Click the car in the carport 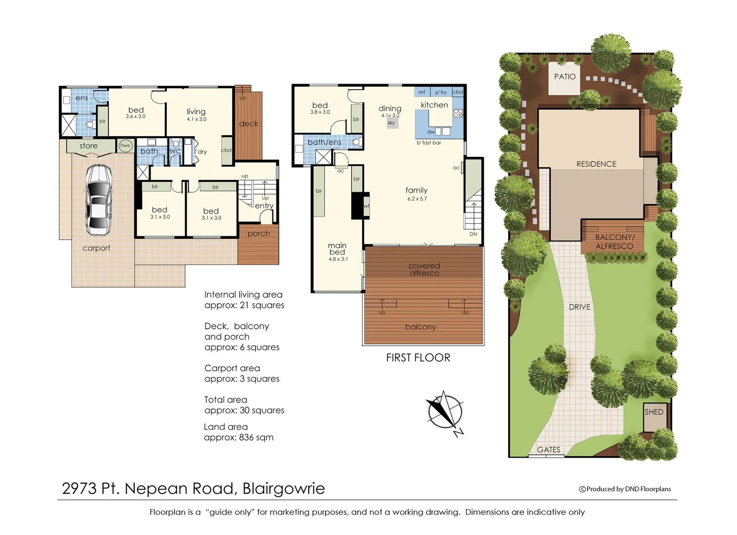click(99, 200)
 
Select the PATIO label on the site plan click(565, 77)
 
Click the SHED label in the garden click(654, 412)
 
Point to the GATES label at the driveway click(549, 450)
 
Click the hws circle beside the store click(125, 146)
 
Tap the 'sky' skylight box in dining click(391, 123)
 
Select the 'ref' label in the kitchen click(421, 92)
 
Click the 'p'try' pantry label click(441, 92)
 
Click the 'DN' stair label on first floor click(473, 234)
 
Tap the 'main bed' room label click(337, 249)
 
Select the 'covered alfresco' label click(424, 269)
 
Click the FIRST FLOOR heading click(418, 358)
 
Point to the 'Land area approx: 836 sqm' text click(238, 432)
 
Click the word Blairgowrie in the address click(284, 488)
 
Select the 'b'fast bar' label click(429, 143)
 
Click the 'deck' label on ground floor click(249, 124)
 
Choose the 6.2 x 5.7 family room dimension click(417, 199)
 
